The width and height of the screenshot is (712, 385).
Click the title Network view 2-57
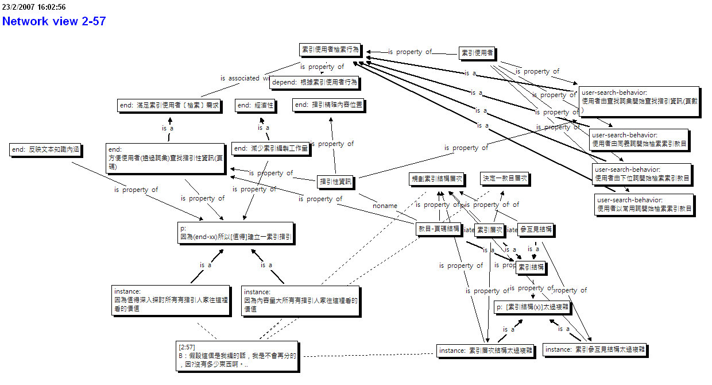54,21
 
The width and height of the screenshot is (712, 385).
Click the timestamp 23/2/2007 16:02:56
33,7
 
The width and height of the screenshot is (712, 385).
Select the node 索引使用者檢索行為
330,50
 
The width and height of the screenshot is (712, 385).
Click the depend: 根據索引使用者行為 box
314,82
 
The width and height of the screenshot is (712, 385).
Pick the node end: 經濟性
256,105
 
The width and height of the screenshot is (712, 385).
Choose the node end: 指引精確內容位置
328,105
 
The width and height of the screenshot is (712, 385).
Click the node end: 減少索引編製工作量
270,148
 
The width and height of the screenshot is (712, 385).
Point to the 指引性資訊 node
336,182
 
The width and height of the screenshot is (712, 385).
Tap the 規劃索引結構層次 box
436,179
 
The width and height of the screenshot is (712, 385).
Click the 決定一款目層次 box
504,179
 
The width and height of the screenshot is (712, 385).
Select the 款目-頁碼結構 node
439,229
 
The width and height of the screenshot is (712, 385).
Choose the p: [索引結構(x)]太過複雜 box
533,307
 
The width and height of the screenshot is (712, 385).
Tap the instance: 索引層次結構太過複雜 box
485,350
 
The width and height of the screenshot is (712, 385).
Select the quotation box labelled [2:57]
238,356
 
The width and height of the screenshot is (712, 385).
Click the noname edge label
385,206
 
